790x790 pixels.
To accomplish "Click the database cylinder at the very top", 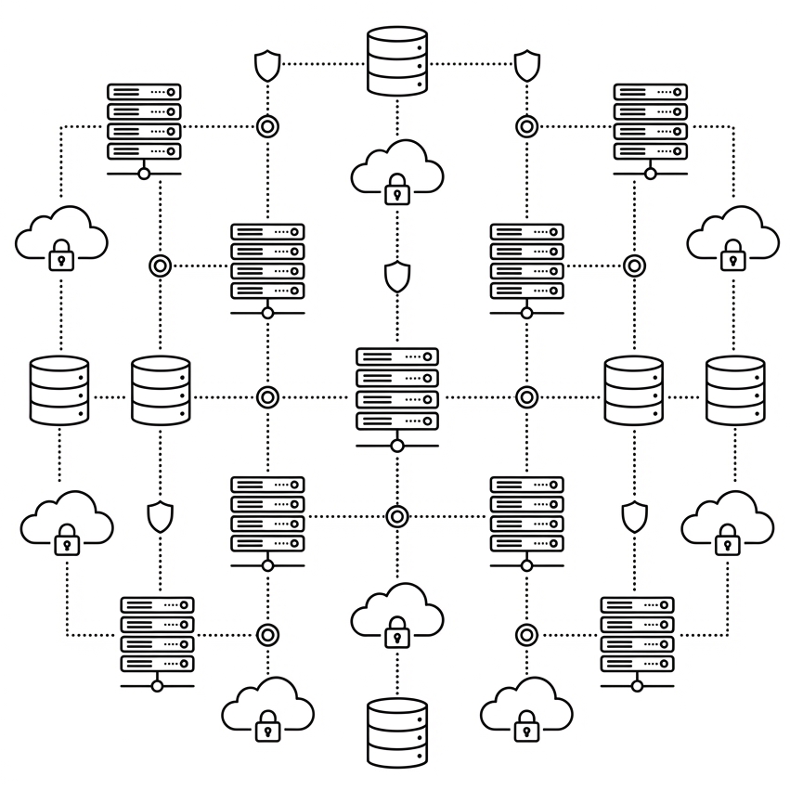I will [397, 61].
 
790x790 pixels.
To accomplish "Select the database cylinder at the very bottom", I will [397, 732].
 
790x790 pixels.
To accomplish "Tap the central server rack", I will [397, 389].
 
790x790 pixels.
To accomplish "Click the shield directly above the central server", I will [397, 276].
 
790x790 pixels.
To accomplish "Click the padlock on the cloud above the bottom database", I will [397, 633].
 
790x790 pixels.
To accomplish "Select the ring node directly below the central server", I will [397, 516].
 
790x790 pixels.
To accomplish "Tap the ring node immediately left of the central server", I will [267, 397].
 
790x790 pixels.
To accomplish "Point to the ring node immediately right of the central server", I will [527, 397].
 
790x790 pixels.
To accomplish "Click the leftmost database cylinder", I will [59, 390].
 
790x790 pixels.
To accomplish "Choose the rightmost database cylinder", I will [735, 390].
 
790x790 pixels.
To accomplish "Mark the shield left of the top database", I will [267, 65].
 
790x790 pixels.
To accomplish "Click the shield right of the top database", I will [527, 65].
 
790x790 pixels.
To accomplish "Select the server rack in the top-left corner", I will [144, 122].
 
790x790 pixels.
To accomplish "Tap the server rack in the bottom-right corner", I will [637, 635].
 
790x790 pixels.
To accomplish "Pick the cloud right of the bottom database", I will [526, 709].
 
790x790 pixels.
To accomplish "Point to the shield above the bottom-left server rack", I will [161, 516].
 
